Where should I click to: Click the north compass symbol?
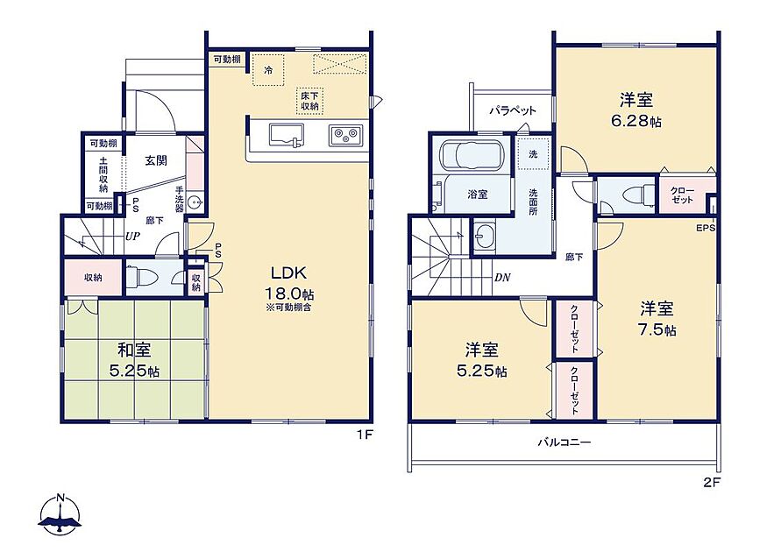tap(60, 514)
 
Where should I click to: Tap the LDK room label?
tap(288, 272)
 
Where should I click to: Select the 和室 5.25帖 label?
tap(134, 360)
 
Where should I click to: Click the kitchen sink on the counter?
tap(287, 135)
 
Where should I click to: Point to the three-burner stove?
tap(345, 135)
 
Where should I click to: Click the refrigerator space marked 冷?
tap(268, 70)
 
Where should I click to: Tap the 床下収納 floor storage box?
tap(309, 101)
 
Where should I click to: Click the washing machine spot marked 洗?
tap(533, 154)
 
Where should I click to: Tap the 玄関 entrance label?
tap(156, 160)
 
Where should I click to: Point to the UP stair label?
tap(132, 237)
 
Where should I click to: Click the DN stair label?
tap(502, 278)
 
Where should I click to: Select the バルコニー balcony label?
tap(564, 442)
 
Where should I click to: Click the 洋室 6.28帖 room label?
tap(636, 110)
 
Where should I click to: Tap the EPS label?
tap(706, 228)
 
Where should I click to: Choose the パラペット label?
tap(513, 110)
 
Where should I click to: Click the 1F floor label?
tap(365, 435)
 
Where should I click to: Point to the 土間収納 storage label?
tap(103, 174)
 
